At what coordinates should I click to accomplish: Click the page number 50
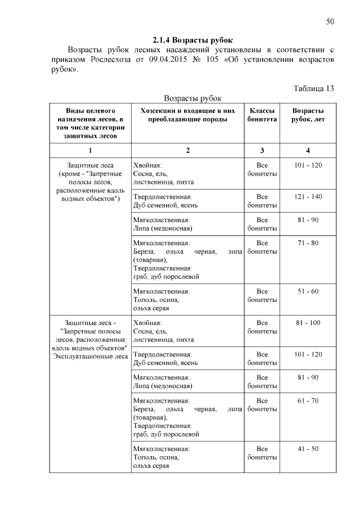tap(330, 21)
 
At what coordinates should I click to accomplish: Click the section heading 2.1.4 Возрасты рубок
tap(192, 40)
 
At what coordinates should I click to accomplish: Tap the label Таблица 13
tap(314, 88)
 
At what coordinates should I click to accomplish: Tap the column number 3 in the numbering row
tap(262, 150)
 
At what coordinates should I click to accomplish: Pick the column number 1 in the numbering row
tap(90, 150)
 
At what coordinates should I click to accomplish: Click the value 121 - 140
tap(308, 197)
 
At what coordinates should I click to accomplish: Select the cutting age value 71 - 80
tap(308, 242)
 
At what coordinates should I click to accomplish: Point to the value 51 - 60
tap(308, 291)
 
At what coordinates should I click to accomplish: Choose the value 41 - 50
tap(308, 448)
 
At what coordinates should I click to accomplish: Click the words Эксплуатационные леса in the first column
tap(90, 357)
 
